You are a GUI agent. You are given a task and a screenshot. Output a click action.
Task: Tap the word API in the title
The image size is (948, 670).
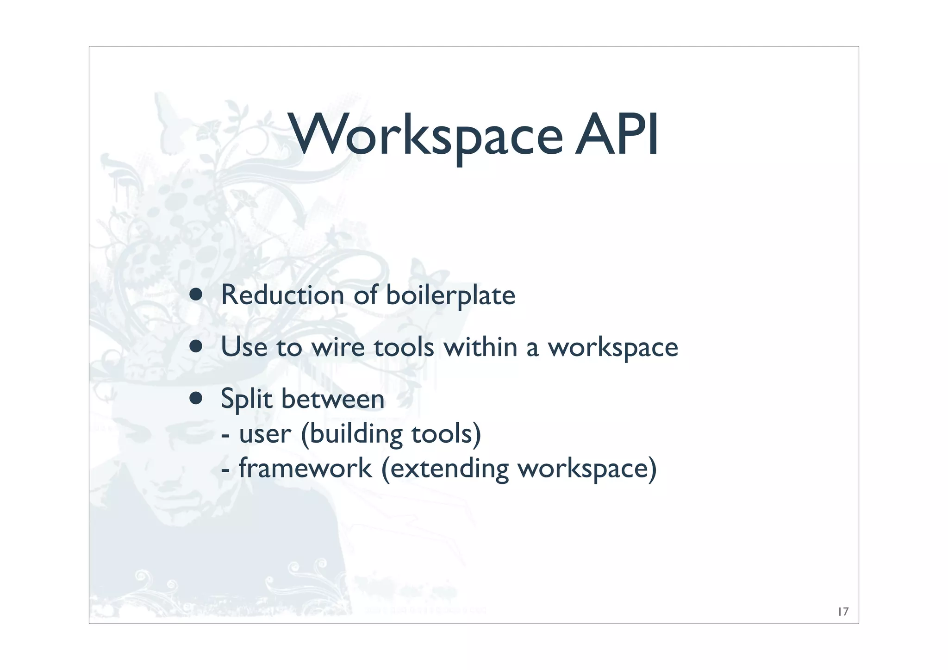616,136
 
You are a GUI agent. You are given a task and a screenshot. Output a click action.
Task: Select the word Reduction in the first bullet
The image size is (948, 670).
282,295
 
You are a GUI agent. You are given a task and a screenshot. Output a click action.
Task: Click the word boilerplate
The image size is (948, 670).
450,295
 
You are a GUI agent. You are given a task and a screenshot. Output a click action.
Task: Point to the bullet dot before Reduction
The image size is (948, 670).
196,295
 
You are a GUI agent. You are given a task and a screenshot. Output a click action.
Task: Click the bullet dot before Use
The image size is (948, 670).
196,347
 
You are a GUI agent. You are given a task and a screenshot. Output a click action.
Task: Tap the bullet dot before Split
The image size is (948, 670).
196,398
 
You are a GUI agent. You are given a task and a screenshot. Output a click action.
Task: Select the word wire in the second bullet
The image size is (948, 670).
338,347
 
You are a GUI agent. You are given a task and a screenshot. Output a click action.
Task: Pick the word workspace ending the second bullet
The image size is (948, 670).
613,348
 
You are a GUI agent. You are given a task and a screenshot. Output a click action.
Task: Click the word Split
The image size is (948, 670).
247,399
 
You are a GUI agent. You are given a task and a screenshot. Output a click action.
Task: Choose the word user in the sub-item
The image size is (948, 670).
265,434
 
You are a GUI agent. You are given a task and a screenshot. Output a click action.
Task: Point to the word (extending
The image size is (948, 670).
445,469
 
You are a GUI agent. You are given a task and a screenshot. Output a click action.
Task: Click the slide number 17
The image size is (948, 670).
843,612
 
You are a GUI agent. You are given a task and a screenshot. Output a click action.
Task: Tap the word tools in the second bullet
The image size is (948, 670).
404,347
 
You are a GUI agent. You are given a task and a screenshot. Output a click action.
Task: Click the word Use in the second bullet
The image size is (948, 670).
244,347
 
